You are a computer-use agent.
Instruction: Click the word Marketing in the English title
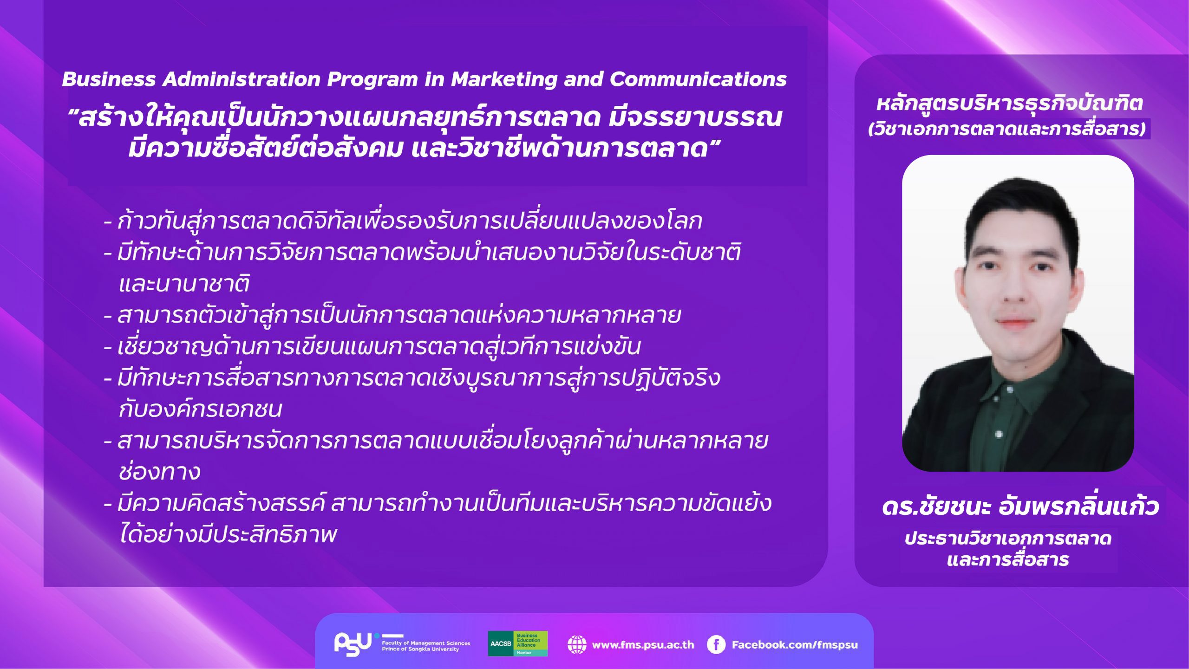click(504, 80)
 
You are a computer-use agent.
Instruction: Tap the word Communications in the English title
click(698, 79)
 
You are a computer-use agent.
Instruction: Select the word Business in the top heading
click(109, 79)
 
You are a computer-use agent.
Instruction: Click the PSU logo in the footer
click(353, 644)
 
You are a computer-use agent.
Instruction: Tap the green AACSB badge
click(517, 643)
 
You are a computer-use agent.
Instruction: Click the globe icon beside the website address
click(577, 644)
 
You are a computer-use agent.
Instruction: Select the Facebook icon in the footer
click(716, 644)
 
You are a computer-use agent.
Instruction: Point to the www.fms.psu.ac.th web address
click(643, 645)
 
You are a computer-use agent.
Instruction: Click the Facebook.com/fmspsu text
click(795, 645)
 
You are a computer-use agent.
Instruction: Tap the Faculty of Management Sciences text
click(426, 643)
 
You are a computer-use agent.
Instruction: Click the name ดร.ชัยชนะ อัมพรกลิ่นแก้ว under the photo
click(1020, 506)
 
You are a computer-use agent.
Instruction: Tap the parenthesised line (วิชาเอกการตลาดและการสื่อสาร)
click(1007, 129)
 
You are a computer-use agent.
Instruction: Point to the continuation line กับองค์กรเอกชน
click(200, 409)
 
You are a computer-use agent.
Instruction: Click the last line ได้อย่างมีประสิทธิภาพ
click(228, 534)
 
